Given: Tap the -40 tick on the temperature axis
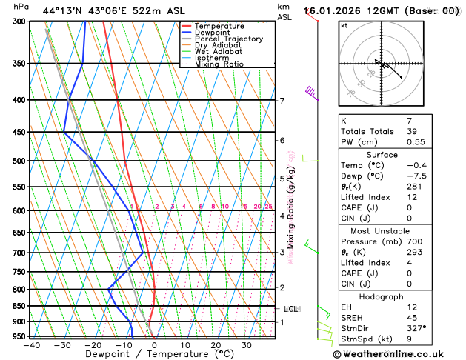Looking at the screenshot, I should point(31,344).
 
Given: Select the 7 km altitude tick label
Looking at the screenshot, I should point(282,101).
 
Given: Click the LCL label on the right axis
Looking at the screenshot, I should point(290,309).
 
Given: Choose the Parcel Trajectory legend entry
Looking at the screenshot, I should point(228,39).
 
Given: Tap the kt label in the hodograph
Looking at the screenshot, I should point(344,26).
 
